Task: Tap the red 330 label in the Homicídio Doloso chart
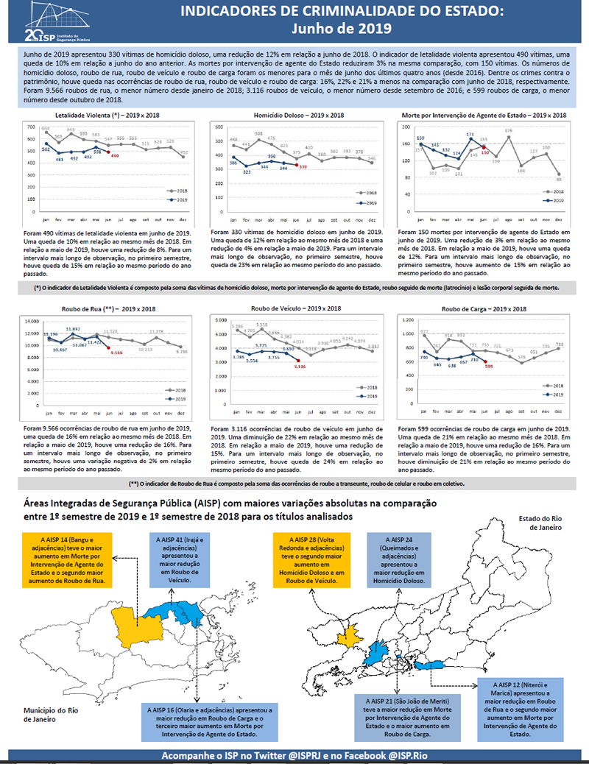pyautogui.click(x=303, y=167)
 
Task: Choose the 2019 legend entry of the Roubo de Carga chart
pyautogui.click(x=555, y=395)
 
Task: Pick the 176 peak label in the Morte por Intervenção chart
pyautogui.click(x=508, y=130)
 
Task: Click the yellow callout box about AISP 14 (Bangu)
pyautogui.click(x=67, y=556)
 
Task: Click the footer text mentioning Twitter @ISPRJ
pyautogui.click(x=294, y=757)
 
